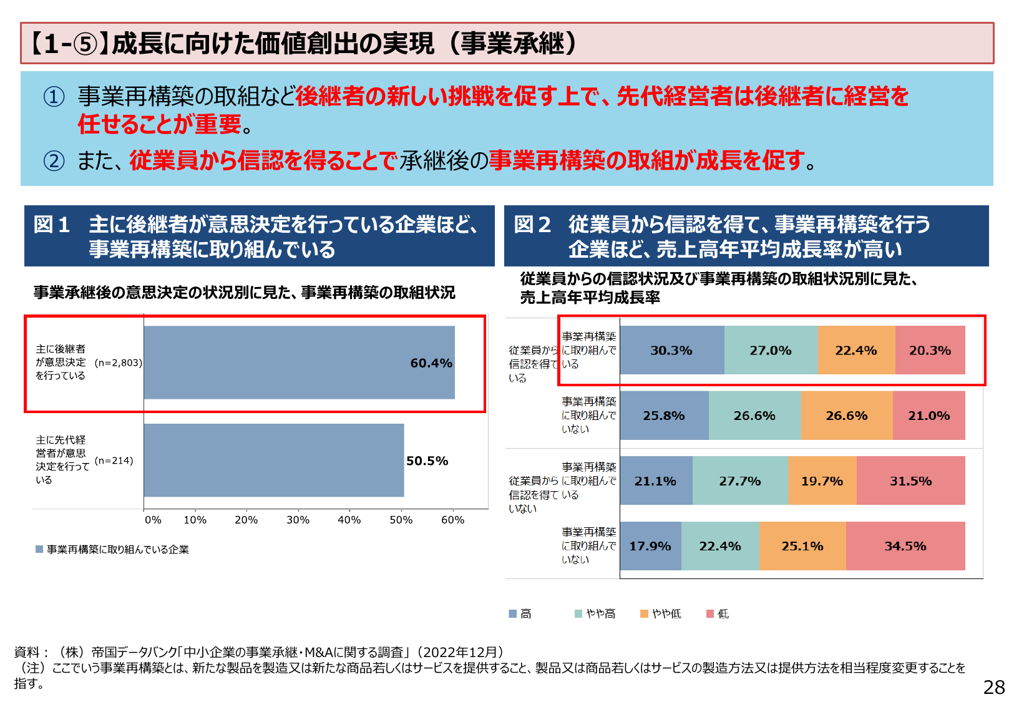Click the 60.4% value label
pos(431,363)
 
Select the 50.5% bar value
pos(427,461)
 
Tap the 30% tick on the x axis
pos(298,520)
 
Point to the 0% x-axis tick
pos(153,520)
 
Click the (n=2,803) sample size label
pos(119,363)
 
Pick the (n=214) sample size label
pos(114,461)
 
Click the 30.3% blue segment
pos(671,351)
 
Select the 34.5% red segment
pos(905,546)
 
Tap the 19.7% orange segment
pos(822,481)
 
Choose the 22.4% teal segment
pos(720,546)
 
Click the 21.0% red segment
pos(929,416)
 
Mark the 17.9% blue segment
pos(650,546)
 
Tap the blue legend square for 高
pos(513,614)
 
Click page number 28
pos(994,687)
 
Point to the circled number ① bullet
pos(54,97)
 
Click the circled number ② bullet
pos(54,161)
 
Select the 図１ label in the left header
pos(52,225)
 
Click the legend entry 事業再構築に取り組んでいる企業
pos(117,549)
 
